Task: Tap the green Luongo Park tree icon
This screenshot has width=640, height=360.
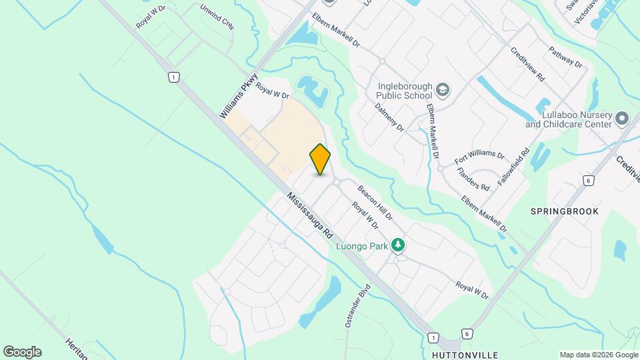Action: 398,245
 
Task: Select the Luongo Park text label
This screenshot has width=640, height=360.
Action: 361,246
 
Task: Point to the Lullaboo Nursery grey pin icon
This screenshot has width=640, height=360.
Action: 623,119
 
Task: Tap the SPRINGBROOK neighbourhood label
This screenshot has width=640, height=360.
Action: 564,211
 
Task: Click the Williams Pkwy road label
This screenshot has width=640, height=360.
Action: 238,96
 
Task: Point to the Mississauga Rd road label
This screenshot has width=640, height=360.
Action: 311,216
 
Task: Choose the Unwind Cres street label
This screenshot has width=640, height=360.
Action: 217,17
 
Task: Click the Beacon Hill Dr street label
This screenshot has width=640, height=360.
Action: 374,203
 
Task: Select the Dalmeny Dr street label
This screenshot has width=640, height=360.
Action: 389,116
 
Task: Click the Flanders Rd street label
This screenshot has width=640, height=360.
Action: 474,175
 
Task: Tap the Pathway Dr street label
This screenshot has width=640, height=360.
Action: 565,57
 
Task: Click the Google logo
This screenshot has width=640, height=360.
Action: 22,352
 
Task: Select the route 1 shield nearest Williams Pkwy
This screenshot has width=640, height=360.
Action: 173,77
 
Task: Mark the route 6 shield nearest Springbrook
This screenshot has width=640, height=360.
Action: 587,180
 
